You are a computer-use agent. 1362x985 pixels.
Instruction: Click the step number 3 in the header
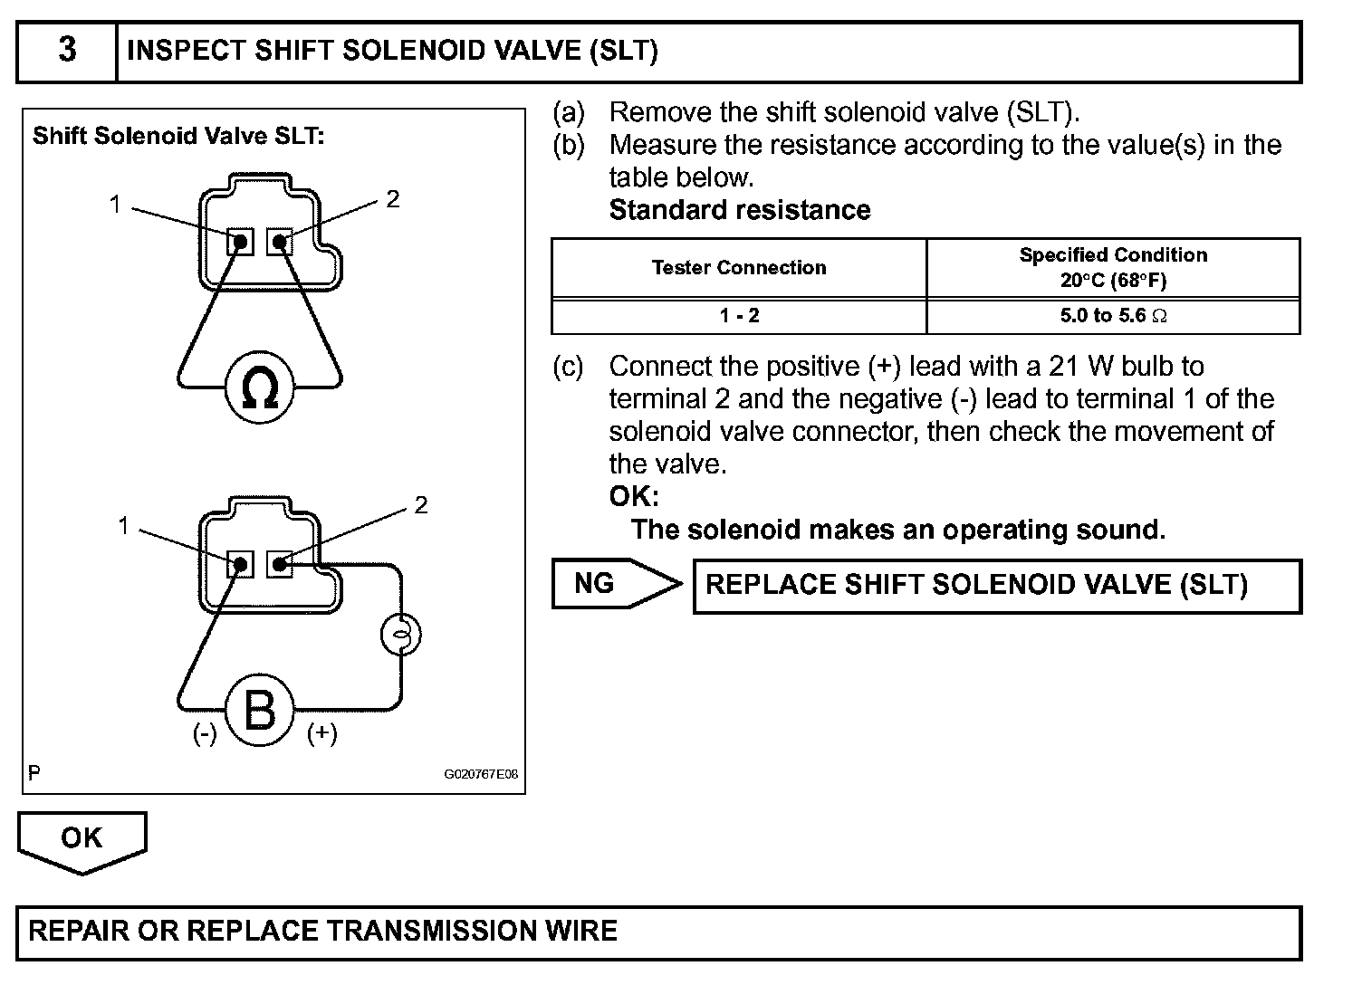tap(67, 50)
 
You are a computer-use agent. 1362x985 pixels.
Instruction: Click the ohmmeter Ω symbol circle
tap(259, 387)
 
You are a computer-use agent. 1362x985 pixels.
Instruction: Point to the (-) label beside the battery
tap(205, 733)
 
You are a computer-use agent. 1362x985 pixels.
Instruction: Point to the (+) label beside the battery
tap(321, 733)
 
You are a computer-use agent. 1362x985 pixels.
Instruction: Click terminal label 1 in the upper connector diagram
tap(115, 205)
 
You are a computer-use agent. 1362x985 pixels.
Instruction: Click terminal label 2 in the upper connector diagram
tap(393, 199)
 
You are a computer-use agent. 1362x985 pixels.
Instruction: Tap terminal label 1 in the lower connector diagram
tap(123, 526)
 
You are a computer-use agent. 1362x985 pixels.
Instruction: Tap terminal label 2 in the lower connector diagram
tap(420, 505)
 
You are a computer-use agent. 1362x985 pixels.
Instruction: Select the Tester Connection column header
tap(739, 268)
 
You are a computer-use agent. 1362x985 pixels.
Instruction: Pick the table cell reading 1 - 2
tap(739, 316)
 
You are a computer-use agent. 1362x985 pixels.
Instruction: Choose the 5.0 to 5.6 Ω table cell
tap(1113, 316)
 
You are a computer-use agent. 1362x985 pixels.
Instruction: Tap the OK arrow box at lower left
tap(82, 838)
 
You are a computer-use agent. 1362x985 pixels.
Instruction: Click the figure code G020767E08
tap(481, 775)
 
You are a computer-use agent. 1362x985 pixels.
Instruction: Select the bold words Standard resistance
tap(740, 210)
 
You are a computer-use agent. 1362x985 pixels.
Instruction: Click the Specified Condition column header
tap(1113, 267)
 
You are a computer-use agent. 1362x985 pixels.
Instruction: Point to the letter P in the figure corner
tap(34, 773)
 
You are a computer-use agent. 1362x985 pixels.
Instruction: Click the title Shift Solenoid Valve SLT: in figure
tap(178, 137)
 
